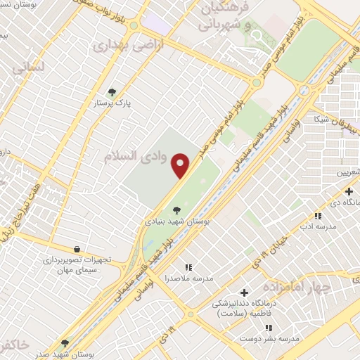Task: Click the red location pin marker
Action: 181,166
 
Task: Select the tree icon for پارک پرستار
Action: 110,92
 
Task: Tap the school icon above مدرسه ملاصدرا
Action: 188,267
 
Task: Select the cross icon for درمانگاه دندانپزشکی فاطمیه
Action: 244,292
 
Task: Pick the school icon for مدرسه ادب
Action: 318,216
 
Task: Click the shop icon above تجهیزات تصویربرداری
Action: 76,249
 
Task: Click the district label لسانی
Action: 26,68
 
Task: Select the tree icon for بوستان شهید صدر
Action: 65,342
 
